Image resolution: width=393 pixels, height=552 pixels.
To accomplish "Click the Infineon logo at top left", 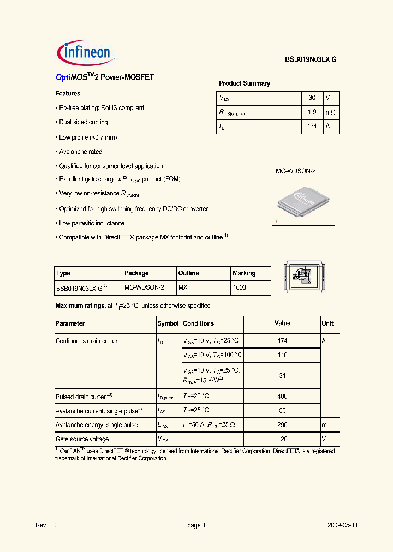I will (84, 52).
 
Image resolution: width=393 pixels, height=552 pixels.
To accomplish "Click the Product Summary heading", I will (244, 83).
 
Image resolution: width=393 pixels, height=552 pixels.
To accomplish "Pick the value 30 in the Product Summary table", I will (312, 98).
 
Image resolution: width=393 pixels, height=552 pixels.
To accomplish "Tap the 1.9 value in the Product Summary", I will (312, 112).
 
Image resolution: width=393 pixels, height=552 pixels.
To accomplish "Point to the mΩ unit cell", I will (331, 112).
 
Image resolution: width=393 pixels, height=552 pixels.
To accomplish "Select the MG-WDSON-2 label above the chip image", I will (295, 171).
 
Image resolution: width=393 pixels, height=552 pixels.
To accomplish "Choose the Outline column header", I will (188, 273).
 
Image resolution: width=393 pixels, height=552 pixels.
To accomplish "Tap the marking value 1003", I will (239, 287).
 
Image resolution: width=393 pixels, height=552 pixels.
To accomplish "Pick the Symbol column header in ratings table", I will (168, 323).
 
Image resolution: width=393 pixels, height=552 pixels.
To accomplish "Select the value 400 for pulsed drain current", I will (282, 396).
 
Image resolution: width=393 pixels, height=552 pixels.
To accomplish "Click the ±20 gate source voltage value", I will (282, 439).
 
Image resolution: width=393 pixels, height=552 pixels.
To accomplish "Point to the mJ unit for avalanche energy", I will (326, 424).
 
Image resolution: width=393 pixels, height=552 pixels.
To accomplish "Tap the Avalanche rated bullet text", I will (80, 152).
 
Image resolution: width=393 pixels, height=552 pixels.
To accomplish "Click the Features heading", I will (68, 94).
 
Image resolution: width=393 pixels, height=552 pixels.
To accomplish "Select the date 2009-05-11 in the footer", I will (342, 525).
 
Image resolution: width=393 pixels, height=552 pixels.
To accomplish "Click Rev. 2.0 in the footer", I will (46, 525).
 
